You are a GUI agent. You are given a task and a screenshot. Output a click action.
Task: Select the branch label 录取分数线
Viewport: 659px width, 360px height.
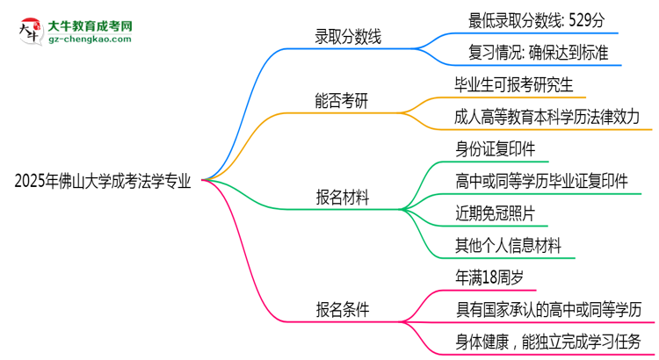pyautogui.click(x=349, y=37)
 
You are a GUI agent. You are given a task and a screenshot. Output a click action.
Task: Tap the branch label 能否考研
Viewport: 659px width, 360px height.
pyautogui.click(x=342, y=101)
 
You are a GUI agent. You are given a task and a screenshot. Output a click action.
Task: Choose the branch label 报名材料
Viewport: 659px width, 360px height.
pyautogui.click(x=342, y=198)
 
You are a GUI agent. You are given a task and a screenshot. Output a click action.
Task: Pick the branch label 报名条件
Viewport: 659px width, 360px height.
pyautogui.click(x=342, y=309)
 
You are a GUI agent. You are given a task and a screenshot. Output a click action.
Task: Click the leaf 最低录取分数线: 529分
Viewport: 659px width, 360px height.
pyautogui.click(x=537, y=18)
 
